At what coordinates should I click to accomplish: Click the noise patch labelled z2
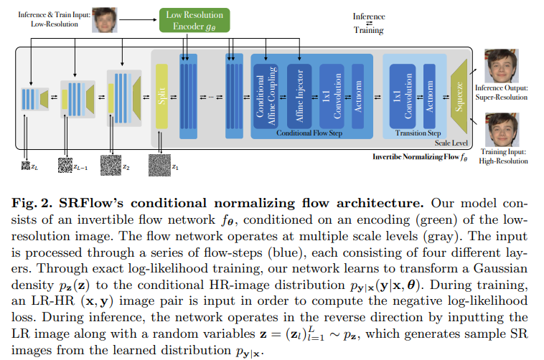click(111, 166)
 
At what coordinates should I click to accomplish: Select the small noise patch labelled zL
click(25, 166)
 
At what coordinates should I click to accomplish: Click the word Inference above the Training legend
click(368, 15)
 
